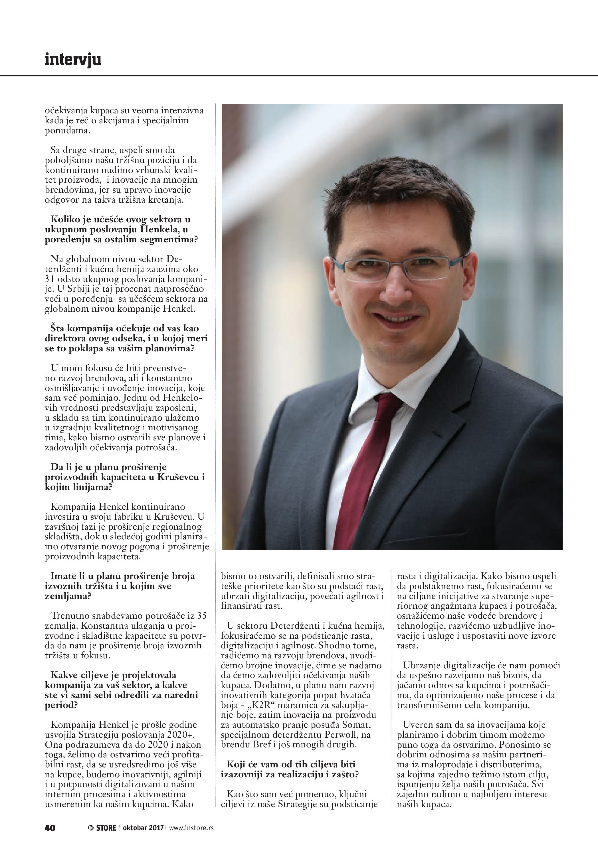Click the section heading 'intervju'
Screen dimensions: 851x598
coord(73,60)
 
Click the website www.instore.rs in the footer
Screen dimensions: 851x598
coord(191,828)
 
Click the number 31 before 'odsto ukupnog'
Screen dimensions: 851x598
coord(50,279)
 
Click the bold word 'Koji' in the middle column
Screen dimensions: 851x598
coord(236,764)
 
